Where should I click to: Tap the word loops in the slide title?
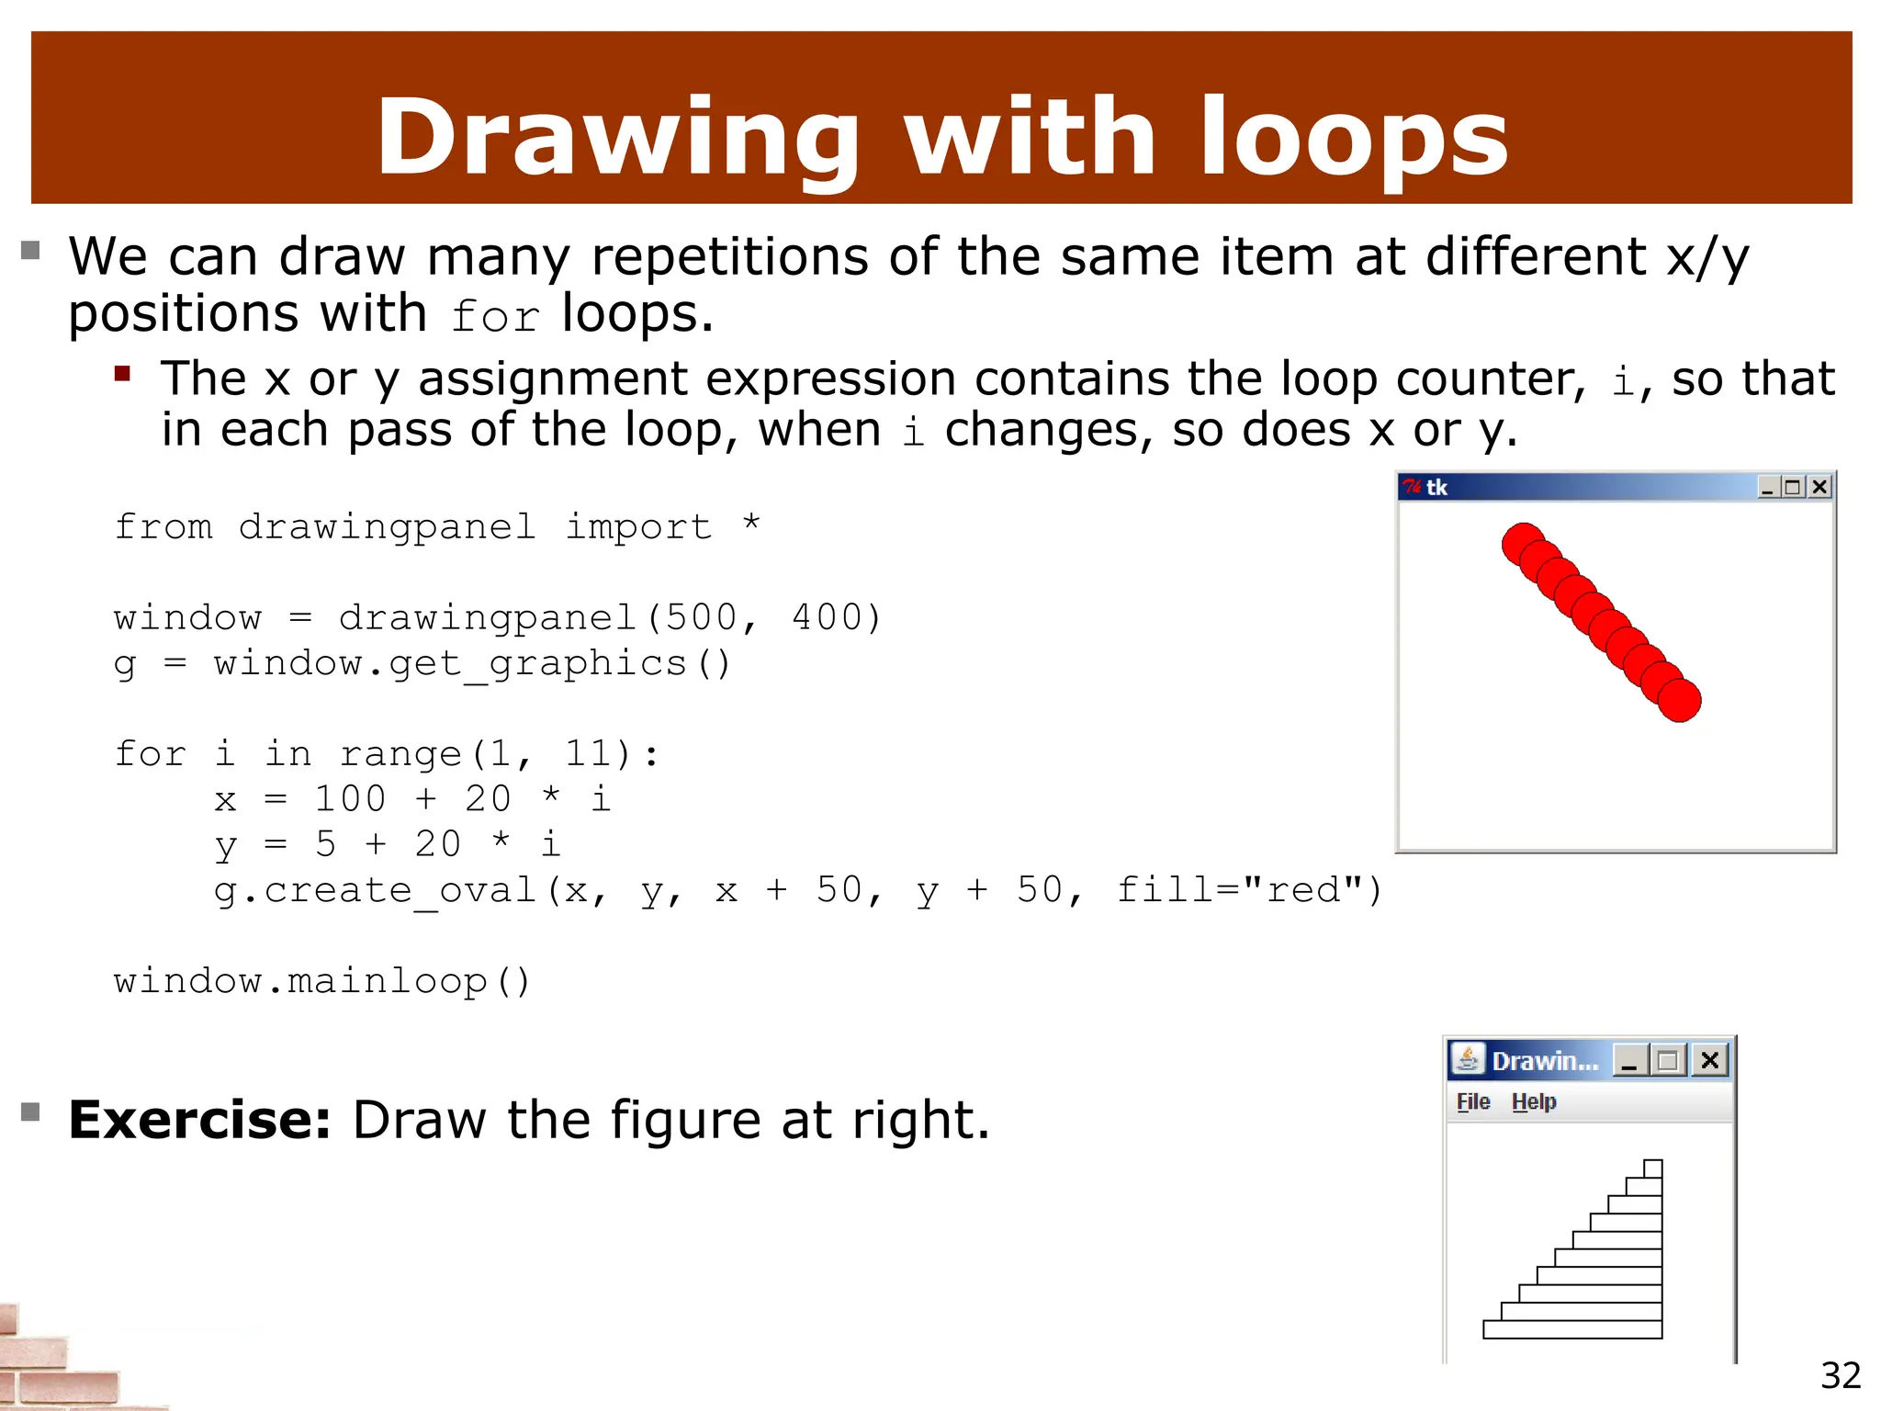[1354, 138]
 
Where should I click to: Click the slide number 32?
[1841, 1375]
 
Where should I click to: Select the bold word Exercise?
[199, 1120]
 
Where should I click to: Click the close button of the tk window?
[1819, 487]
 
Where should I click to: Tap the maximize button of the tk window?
[1793, 487]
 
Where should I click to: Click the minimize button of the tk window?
[1767, 487]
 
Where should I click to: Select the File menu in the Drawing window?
[1473, 1101]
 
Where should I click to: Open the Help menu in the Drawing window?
[1534, 1101]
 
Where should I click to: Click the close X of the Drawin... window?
[1709, 1061]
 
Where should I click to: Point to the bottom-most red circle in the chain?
[1680, 701]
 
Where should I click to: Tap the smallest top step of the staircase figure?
[1652, 1168]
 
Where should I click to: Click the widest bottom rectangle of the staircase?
[1572, 1329]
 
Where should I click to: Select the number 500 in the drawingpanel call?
[702, 617]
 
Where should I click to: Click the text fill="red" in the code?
[1249, 890]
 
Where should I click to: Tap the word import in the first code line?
[637, 527]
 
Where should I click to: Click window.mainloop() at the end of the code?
[322, 981]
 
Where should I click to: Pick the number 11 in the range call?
[587, 754]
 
